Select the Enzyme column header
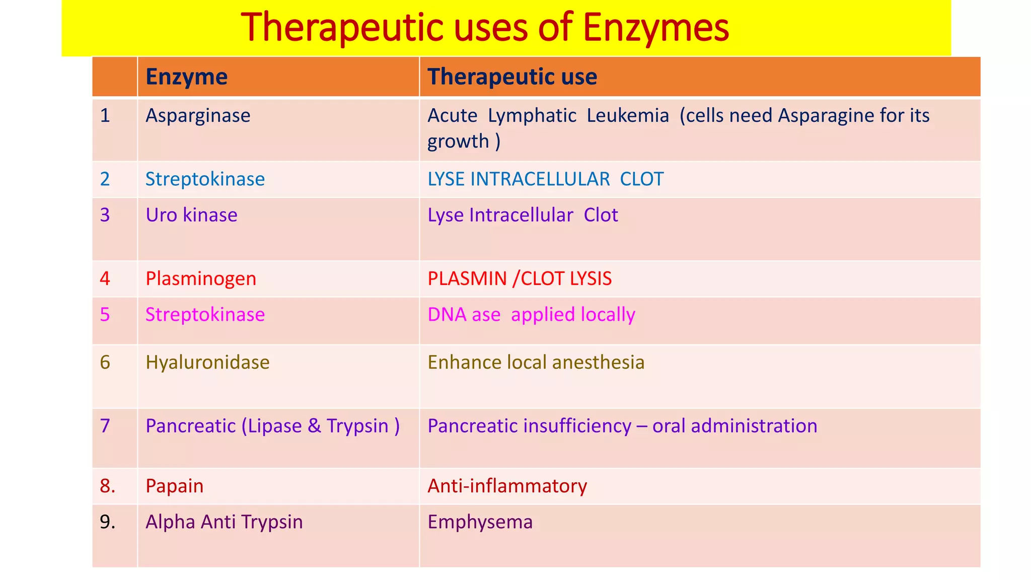(186, 77)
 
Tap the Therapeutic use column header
(512, 77)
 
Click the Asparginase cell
(198, 116)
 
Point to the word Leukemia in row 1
(628, 116)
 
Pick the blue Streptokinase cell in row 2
(205, 179)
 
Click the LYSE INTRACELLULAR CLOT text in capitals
(545, 179)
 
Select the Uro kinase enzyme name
(191, 215)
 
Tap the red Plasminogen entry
(201, 278)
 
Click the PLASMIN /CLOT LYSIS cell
(520, 278)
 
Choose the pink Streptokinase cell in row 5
(205, 315)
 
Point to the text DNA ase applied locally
(531, 315)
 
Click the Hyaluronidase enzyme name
(207, 362)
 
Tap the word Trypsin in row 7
(357, 426)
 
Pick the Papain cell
(174, 486)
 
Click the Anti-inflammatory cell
(507, 486)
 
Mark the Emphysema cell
(480, 522)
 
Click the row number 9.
(107, 522)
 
